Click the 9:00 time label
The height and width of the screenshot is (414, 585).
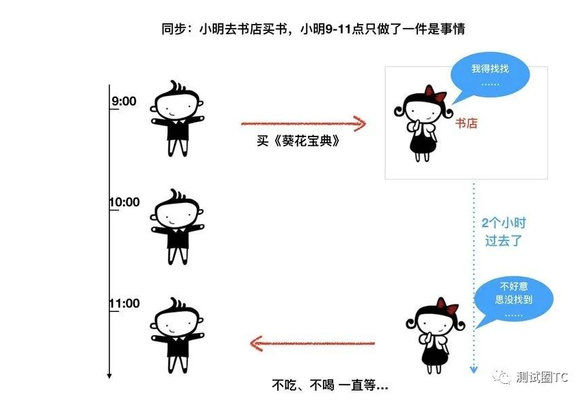(x=124, y=101)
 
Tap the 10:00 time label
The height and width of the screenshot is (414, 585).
(x=124, y=202)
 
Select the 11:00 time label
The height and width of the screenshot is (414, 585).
(x=124, y=304)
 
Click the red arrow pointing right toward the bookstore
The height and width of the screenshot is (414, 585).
(x=303, y=124)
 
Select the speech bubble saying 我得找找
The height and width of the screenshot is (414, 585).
(x=490, y=75)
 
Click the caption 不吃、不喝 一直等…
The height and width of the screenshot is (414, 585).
(x=330, y=385)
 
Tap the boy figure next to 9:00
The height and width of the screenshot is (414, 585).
(x=178, y=118)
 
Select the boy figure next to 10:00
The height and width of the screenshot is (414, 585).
(x=178, y=226)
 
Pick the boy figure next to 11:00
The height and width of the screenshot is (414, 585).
(x=178, y=334)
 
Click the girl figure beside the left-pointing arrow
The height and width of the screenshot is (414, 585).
(x=430, y=338)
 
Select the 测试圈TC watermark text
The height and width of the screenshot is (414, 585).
(x=543, y=378)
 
